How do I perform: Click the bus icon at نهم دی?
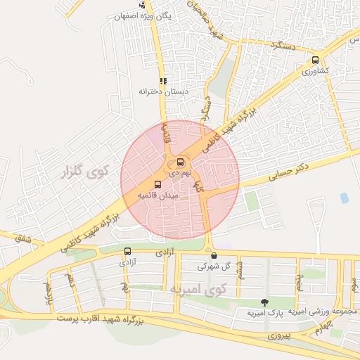tap(181, 162)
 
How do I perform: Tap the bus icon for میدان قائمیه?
tap(157, 184)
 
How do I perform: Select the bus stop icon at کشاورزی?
tap(315, 60)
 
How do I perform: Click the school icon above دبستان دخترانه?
tap(163, 81)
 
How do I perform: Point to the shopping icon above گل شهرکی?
tap(214, 256)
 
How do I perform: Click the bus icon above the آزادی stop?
tap(127, 251)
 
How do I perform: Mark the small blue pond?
tap(344, 198)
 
